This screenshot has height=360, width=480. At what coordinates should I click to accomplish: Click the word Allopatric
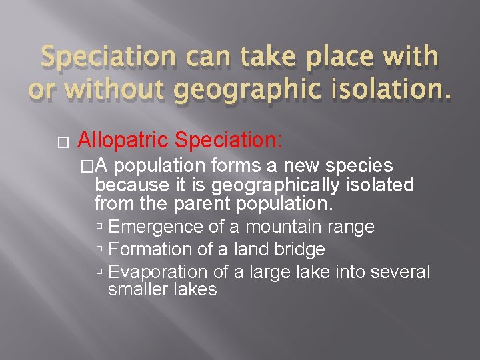pos(123,140)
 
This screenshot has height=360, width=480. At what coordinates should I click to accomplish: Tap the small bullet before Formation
pos(99,250)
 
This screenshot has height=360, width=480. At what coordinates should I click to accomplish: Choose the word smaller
pos(138,289)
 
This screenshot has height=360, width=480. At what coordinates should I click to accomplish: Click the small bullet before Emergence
pos(99,227)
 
